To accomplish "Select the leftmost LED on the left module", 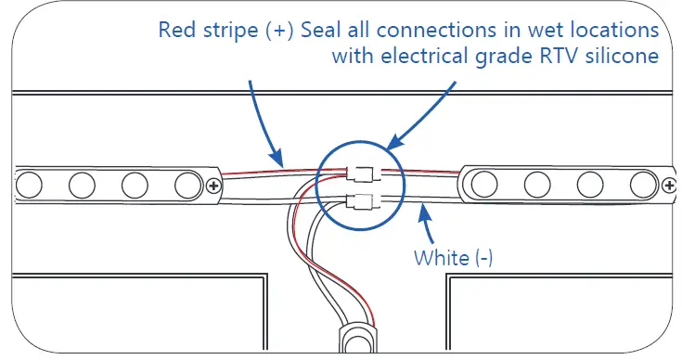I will (30, 185).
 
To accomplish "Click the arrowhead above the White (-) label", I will (424, 215).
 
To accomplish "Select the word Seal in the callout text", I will (321, 30).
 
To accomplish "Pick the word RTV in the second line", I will (562, 56).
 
